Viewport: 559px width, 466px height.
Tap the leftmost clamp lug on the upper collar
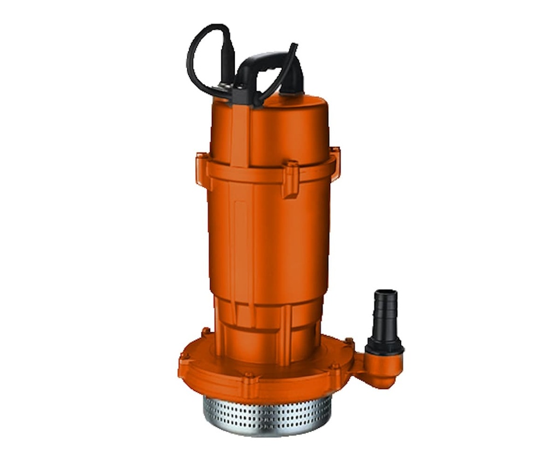pyautogui.click(x=202, y=169)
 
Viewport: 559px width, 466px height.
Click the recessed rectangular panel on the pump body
pyautogui.click(x=240, y=229)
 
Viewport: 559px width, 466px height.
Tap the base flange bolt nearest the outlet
pyautogui.click(x=348, y=343)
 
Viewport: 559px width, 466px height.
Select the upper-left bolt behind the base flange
pyautogui.click(x=206, y=332)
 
